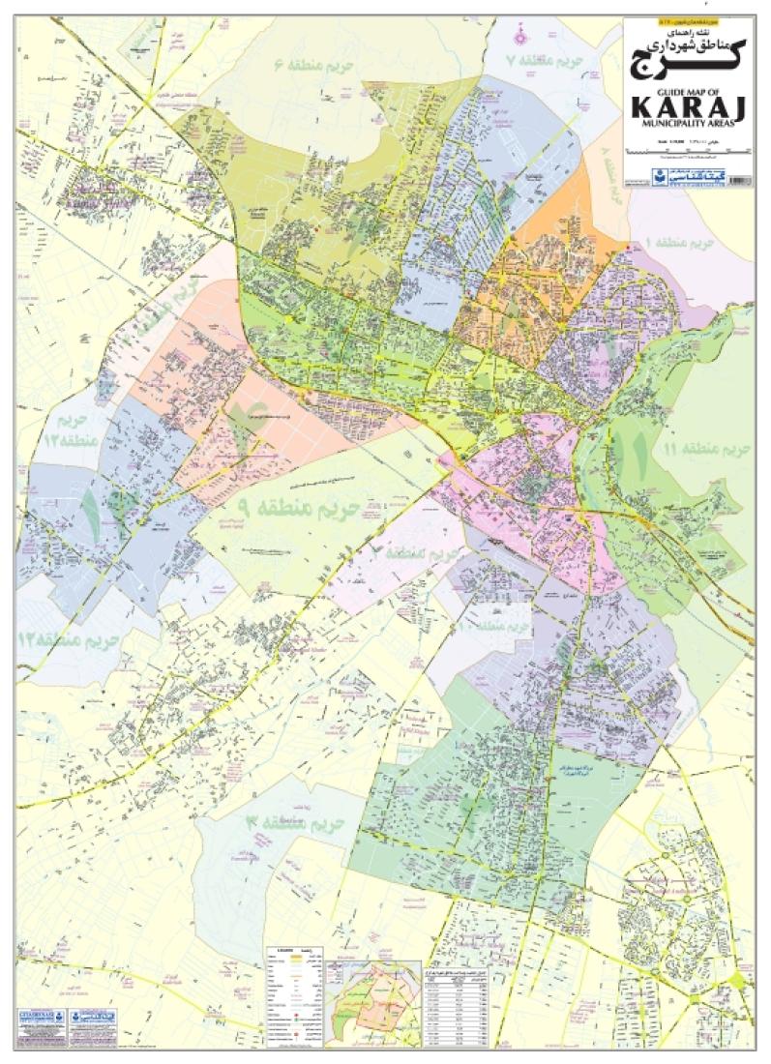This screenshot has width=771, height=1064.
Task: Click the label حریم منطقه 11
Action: pos(697,449)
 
